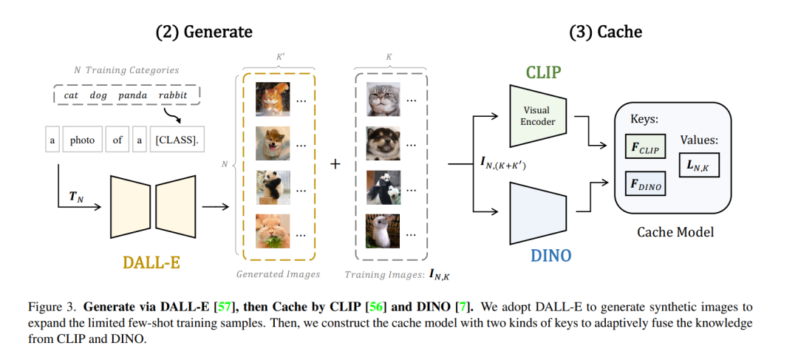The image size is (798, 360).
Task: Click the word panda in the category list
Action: (x=132, y=95)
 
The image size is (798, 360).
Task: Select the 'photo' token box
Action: (x=82, y=140)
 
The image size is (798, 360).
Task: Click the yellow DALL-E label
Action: (x=151, y=262)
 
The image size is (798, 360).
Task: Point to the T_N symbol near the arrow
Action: (x=76, y=197)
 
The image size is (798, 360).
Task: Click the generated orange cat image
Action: (x=273, y=99)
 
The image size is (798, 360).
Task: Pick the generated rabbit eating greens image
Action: (x=273, y=231)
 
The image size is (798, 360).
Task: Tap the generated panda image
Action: (x=273, y=187)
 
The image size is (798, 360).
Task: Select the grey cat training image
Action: (x=383, y=99)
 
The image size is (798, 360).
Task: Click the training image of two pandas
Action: (x=383, y=187)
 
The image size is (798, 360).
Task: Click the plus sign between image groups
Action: (x=335, y=164)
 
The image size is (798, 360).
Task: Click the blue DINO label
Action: (x=551, y=255)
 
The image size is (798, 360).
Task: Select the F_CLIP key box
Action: (x=645, y=146)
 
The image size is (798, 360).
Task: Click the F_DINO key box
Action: (x=645, y=184)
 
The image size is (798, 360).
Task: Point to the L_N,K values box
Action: (x=699, y=164)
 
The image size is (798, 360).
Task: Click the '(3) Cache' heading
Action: (x=605, y=32)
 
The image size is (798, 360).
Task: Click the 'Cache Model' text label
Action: (x=675, y=232)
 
